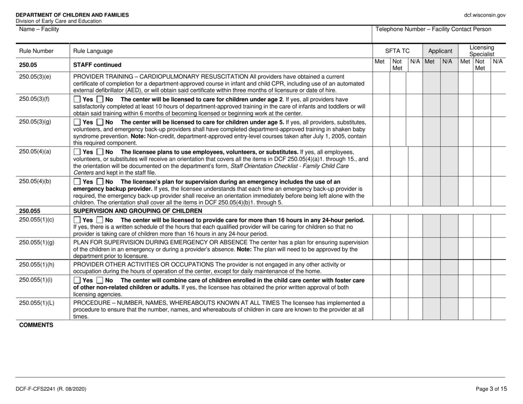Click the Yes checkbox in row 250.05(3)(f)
point(77,99)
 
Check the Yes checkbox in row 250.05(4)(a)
point(77,151)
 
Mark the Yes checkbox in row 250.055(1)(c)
point(77,220)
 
